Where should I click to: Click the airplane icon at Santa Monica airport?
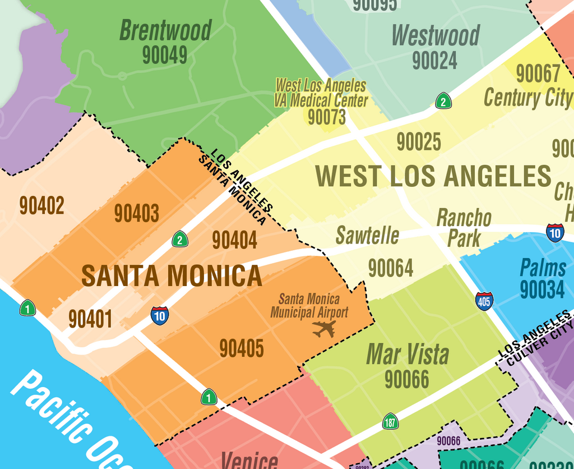pyautogui.click(x=324, y=329)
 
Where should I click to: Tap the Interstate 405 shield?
pyautogui.click(x=484, y=301)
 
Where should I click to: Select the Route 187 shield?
pyautogui.click(x=390, y=421)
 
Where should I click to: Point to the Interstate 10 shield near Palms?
pyautogui.click(x=555, y=232)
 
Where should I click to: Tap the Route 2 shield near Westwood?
pyautogui.click(x=443, y=101)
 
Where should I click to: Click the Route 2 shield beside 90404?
pyautogui.click(x=179, y=239)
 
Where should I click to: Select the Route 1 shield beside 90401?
pyautogui.click(x=27, y=308)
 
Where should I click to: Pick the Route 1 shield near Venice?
pyautogui.click(x=209, y=397)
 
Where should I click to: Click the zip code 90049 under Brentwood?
pyautogui.click(x=164, y=55)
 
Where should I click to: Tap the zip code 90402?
pyautogui.click(x=41, y=205)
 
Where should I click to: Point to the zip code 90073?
pyautogui.click(x=327, y=117)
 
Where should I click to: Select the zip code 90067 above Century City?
pyautogui.click(x=538, y=73)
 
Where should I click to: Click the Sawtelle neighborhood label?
pyautogui.click(x=367, y=236)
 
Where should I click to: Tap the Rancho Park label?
pyautogui.click(x=464, y=227)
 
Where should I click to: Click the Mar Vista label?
pyautogui.click(x=408, y=354)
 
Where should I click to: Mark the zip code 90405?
pyautogui.click(x=241, y=348)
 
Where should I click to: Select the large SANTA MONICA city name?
pyautogui.click(x=172, y=275)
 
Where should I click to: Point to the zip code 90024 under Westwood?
pyautogui.click(x=434, y=61)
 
